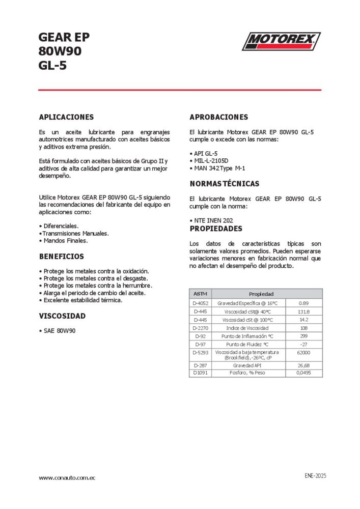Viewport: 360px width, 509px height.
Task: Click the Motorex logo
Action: coord(281,41)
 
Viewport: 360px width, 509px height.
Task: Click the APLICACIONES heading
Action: coord(66,117)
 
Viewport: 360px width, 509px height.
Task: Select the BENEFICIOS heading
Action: coord(62,257)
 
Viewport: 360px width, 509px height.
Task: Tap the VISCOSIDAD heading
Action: coord(62,316)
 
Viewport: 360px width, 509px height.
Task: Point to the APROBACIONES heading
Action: coord(218,117)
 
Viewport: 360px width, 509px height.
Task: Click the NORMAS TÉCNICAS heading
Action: coord(224,184)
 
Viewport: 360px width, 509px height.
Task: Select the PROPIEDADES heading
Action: coord(216,229)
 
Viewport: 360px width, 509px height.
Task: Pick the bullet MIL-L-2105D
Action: coord(211,160)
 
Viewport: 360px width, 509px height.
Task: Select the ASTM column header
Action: coord(200,294)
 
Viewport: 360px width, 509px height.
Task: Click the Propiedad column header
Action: coord(261,294)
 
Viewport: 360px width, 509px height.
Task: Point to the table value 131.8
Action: coord(304,312)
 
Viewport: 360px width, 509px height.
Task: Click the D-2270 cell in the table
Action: coord(200,328)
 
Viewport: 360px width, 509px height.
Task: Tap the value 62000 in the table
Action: coord(304,352)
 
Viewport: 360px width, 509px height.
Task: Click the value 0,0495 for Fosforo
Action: coord(304,373)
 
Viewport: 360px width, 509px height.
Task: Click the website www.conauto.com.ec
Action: coord(68,478)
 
